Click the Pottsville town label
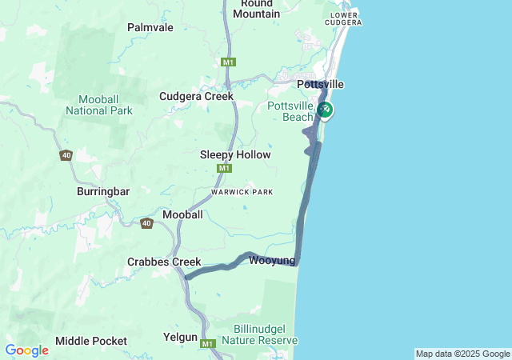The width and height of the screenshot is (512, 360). [320, 84]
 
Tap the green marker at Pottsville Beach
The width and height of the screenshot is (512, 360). [325, 110]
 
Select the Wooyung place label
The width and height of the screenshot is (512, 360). [272, 261]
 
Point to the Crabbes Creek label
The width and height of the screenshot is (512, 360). [164, 262]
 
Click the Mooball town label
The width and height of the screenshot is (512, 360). [182, 214]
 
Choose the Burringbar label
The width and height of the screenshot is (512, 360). [102, 192]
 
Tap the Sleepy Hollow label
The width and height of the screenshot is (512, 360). [235, 154]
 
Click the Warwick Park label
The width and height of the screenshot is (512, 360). [242, 192]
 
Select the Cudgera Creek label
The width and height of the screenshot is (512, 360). [196, 96]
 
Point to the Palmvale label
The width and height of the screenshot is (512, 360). [150, 27]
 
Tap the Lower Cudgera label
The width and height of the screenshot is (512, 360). [344, 18]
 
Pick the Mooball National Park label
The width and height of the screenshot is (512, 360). [99, 105]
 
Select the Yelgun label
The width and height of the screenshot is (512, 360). [180, 338]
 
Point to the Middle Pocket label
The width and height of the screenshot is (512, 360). [91, 341]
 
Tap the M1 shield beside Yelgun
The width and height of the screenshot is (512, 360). [209, 344]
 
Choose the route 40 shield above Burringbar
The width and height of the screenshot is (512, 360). [66, 155]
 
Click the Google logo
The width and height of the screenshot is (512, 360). [26, 350]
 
